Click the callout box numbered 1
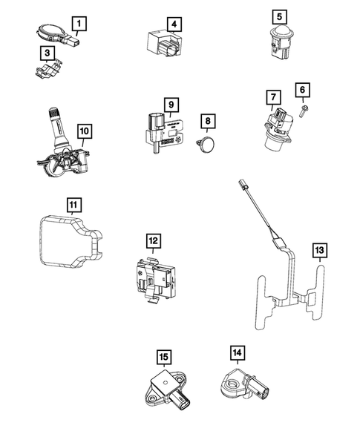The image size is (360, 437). click(78, 24)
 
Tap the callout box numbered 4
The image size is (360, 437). click(173, 24)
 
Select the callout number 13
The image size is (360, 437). click(319, 252)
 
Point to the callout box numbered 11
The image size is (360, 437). click(73, 204)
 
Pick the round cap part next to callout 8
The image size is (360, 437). click(207, 142)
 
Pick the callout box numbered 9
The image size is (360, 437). click(170, 106)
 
